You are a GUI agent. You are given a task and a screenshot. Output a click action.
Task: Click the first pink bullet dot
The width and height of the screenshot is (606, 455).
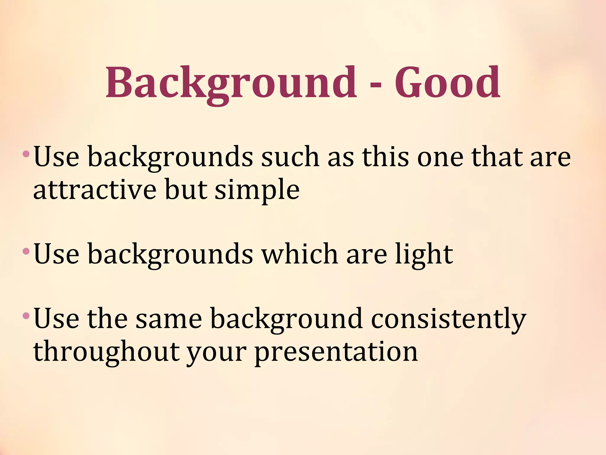pos(26,154)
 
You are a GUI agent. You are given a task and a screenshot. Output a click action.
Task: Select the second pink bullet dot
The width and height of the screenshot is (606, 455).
pos(26,251)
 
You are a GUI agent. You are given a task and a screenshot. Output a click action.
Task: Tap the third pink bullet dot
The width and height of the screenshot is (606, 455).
pos(26,316)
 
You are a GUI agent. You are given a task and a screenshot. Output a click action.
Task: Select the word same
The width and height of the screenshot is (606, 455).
pos(169,319)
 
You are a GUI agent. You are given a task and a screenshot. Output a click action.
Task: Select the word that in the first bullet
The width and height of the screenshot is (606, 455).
pos(496,157)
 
